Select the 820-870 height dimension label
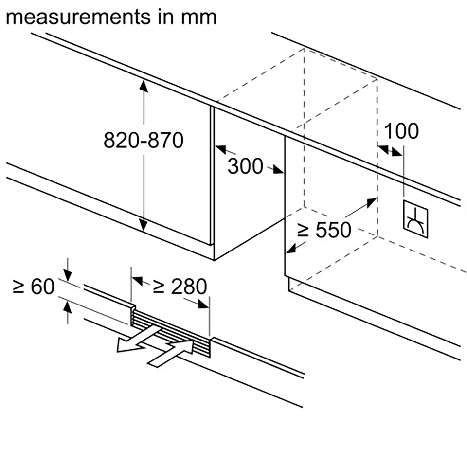[144, 141]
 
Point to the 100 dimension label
[401, 131]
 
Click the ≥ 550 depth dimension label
[324, 230]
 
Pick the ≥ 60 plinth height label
[33, 287]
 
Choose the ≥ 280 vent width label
[180, 287]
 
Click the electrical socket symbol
[414, 221]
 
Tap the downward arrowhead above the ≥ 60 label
[68, 275]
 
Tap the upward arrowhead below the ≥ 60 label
[68, 306]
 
